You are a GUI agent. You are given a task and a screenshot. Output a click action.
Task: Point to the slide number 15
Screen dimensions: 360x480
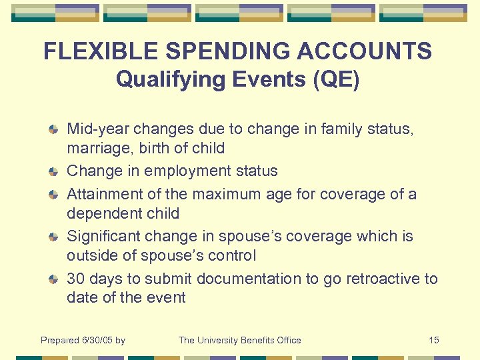pos(433,340)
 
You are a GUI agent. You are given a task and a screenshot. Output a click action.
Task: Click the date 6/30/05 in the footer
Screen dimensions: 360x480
pos(97,340)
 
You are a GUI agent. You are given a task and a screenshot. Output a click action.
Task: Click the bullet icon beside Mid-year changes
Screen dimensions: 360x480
pos(53,129)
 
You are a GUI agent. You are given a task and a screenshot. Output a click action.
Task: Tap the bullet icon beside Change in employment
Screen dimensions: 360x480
pos(53,171)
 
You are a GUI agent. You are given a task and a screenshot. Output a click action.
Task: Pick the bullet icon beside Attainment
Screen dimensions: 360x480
pos(53,194)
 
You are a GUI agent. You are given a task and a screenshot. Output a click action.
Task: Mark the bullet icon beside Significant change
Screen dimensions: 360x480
pos(53,237)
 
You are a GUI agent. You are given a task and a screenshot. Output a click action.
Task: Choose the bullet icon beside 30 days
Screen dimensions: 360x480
pos(53,279)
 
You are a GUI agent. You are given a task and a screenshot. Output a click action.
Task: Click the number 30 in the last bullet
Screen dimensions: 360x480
pos(76,279)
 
